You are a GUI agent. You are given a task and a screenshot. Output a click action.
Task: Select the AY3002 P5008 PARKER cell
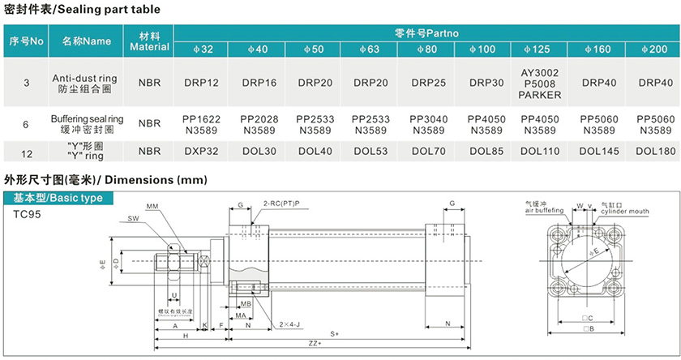click(542, 83)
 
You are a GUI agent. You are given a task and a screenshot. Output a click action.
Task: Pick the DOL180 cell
click(655, 151)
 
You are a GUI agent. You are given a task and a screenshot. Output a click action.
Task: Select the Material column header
click(150, 42)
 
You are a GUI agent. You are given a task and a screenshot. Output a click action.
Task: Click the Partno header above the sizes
click(427, 33)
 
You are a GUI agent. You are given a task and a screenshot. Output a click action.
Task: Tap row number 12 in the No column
click(26, 151)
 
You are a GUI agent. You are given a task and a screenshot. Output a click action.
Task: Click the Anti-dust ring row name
click(85, 83)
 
